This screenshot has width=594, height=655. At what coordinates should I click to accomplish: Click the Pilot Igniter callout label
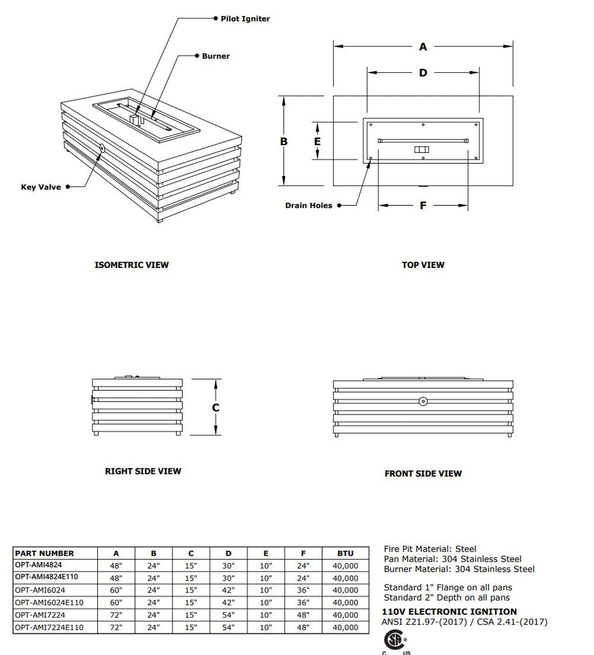[245, 19]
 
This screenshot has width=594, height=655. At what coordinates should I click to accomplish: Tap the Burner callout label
[215, 56]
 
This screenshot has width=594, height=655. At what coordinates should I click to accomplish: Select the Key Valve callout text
[41, 187]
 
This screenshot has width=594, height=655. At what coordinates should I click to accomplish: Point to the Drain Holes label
[309, 206]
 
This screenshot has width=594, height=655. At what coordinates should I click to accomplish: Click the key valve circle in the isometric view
[102, 148]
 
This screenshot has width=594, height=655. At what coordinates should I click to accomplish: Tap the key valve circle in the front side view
[423, 402]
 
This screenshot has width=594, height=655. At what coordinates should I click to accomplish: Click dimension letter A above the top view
[423, 47]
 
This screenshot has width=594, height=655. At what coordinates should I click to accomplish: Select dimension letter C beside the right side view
[216, 407]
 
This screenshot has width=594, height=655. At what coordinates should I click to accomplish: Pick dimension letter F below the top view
[423, 206]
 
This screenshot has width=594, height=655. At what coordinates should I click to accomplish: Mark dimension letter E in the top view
[317, 141]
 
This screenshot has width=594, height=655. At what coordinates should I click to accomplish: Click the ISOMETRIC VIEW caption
[132, 265]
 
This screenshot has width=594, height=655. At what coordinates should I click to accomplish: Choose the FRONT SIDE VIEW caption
[423, 474]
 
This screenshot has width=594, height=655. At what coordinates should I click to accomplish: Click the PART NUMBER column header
[44, 553]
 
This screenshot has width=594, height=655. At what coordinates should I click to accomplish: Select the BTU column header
[345, 553]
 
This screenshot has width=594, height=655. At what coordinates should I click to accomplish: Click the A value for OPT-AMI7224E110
[116, 627]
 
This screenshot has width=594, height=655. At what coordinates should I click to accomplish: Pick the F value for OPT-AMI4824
[303, 565]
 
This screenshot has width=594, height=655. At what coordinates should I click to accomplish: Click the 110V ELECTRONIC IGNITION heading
[449, 612]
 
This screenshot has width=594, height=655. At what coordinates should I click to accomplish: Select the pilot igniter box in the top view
[421, 150]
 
